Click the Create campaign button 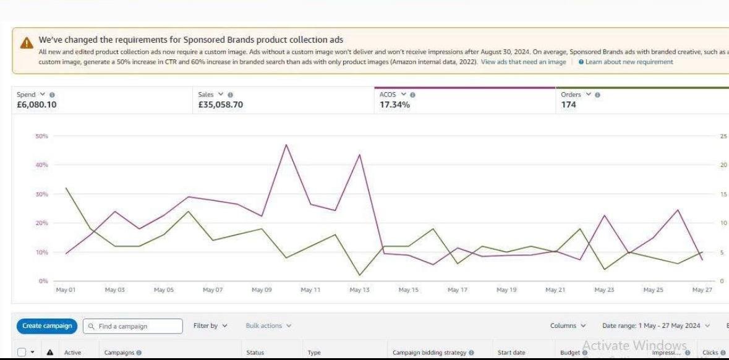47,326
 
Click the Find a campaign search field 133,326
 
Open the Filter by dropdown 210,326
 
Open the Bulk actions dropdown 268,326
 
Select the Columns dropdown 568,326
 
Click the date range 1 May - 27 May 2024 656,326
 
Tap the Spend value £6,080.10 37,105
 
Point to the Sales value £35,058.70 221,105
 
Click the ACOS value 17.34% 394,105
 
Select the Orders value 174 568,105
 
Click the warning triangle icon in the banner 26,43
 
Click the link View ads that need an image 523,62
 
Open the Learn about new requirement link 629,62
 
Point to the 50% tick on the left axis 43,136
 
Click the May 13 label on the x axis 359,289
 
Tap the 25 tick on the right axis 723,136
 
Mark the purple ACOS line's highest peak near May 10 286,145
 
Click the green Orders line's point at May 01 66,188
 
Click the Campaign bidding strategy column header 433,353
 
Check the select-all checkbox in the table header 22,353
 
